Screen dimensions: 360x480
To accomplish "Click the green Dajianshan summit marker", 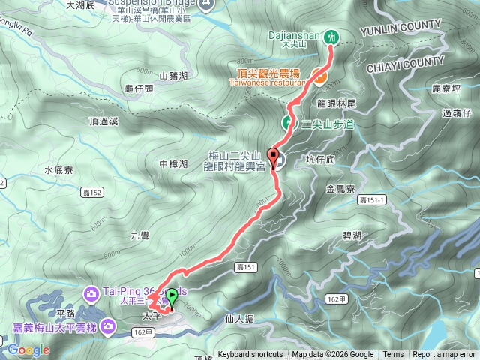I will point(332,35).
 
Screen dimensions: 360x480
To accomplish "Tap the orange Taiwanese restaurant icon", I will point(319,75).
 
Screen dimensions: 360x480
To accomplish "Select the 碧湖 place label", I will point(352,235).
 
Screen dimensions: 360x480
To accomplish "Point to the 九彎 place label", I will point(140,235).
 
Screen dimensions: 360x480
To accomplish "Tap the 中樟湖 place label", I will point(173,163).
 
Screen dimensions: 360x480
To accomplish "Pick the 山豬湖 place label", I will point(172,75).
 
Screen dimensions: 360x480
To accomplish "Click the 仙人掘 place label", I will point(238,319).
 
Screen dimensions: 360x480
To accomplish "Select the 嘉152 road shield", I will point(98,193).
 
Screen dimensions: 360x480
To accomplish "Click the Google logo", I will point(28,349).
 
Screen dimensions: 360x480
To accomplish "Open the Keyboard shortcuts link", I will point(250,355).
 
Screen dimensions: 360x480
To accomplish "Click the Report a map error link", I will point(444,355).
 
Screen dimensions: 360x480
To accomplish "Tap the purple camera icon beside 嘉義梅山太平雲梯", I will point(109,325).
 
